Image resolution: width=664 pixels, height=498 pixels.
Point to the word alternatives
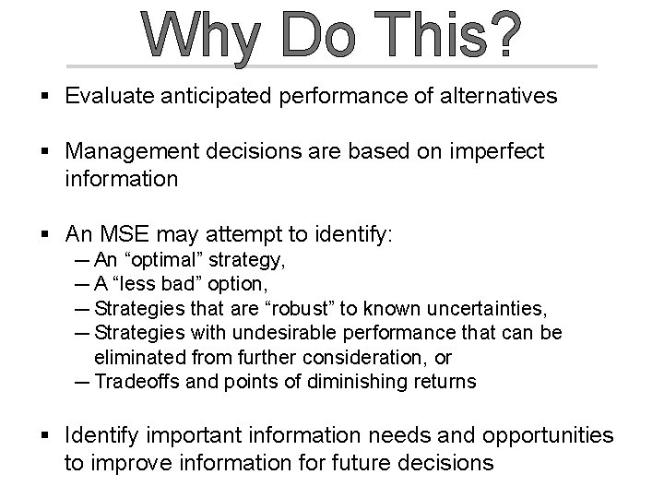(x=501, y=96)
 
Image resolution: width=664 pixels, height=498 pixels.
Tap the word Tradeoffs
(x=137, y=380)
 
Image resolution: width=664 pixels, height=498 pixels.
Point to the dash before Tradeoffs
(x=81, y=380)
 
